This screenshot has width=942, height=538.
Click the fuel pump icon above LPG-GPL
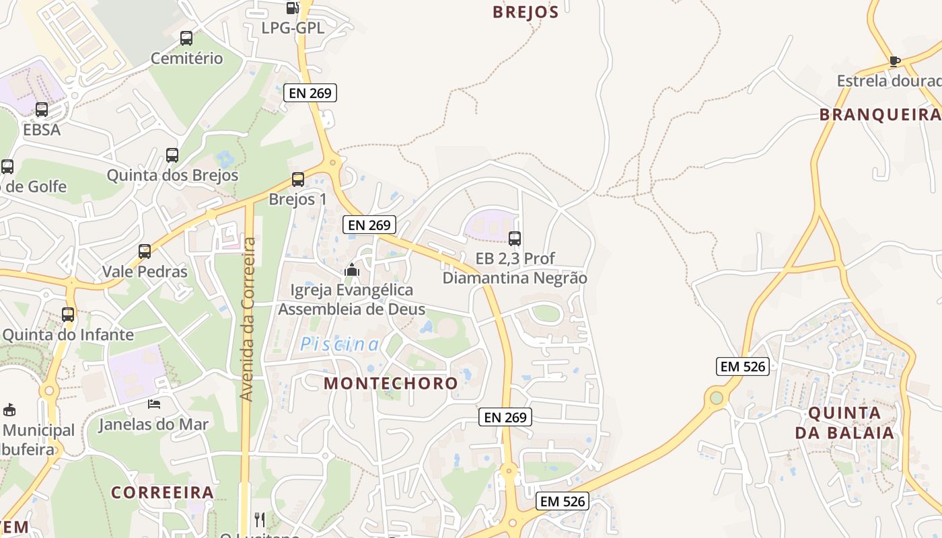(292, 8)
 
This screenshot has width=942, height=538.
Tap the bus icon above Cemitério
(186, 38)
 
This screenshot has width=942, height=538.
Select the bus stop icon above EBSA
(42, 110)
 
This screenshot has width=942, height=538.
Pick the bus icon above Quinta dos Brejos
(172, 155)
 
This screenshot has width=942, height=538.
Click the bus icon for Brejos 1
(298, 180)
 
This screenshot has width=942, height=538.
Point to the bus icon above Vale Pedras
(145, 252)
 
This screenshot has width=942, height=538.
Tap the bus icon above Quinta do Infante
(68, 314)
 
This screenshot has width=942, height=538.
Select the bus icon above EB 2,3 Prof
(515, 238)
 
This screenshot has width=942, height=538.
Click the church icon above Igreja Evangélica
(351, 270)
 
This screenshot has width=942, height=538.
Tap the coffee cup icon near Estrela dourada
(894, 61)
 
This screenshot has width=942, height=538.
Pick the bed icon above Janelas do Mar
(154, 404)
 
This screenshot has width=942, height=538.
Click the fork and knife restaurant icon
(260, 519)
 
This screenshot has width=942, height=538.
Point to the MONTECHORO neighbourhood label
(391, 383)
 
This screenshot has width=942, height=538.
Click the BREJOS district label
(526, 12)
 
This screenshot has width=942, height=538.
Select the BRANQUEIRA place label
(879, 115)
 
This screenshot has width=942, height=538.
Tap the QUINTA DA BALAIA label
(844, 422)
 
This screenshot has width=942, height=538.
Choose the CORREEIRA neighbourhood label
(162, 492)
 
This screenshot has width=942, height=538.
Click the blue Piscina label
(340, 344)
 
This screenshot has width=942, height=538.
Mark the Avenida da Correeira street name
(248, 319)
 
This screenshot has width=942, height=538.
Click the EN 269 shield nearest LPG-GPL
(310, 93)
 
